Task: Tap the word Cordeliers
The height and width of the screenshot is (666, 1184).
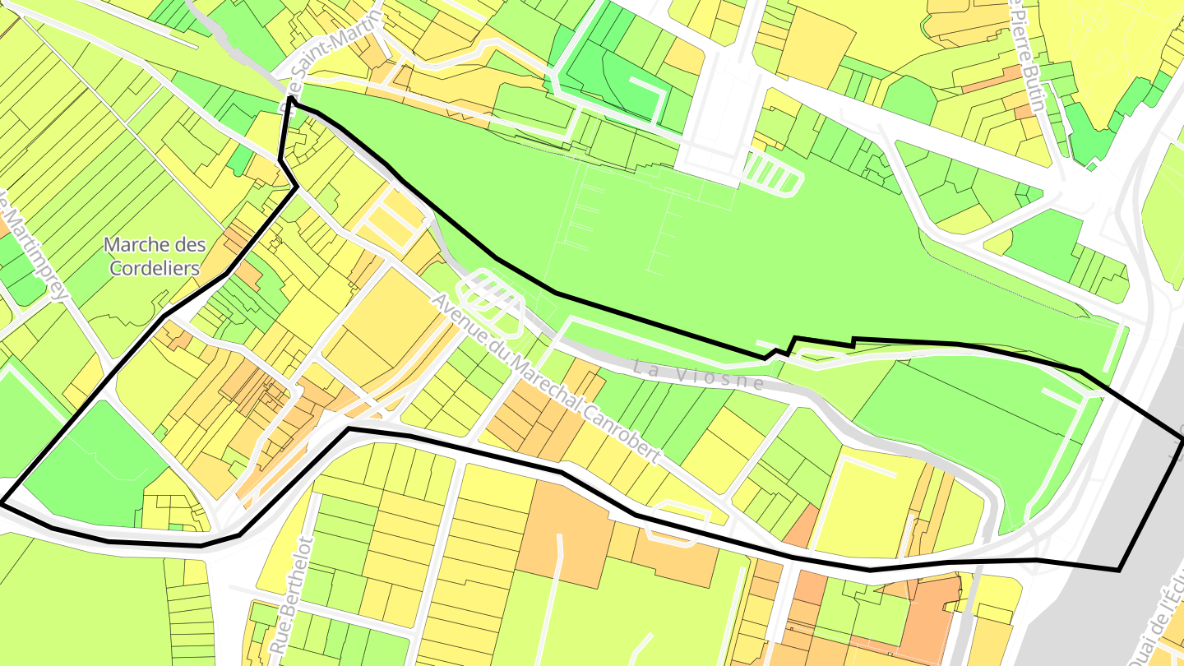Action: coord(155,268)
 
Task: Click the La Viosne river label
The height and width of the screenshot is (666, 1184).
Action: coord(699,375)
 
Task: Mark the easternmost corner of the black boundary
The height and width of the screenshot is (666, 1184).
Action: coord(1182,442)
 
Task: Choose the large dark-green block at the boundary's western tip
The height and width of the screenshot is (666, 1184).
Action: coord(90,469)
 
